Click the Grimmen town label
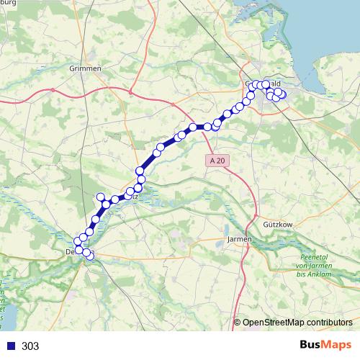point(86,68)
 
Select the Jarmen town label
point(239,238)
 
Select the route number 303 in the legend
point(30,346)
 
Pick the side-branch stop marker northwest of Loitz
point(101,197)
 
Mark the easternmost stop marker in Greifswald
point(282,95)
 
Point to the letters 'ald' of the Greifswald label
point(276,84)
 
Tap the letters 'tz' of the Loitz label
point(134,195)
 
